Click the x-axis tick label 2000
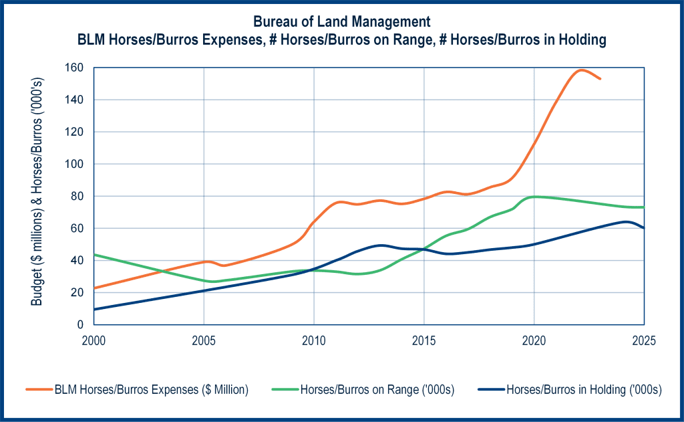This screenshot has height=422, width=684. pyautogui.click(x=94, y=340)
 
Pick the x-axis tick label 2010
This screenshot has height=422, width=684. pyautogui.click(x=314, y=340)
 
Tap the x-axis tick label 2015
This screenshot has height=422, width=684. pyautogui.click(x=423, y=340)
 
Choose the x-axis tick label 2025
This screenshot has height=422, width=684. pyautogui.click(x=643, y=340)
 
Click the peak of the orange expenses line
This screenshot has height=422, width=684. pyautogui.click(x=581, y=70)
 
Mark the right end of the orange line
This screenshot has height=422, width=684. pyautogui.click(x=601, y=79)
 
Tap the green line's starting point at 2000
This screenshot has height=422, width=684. pyautogui.click(x=94, y=255)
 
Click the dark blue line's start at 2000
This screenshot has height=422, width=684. pyautogui.click(x=94, y=309)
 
